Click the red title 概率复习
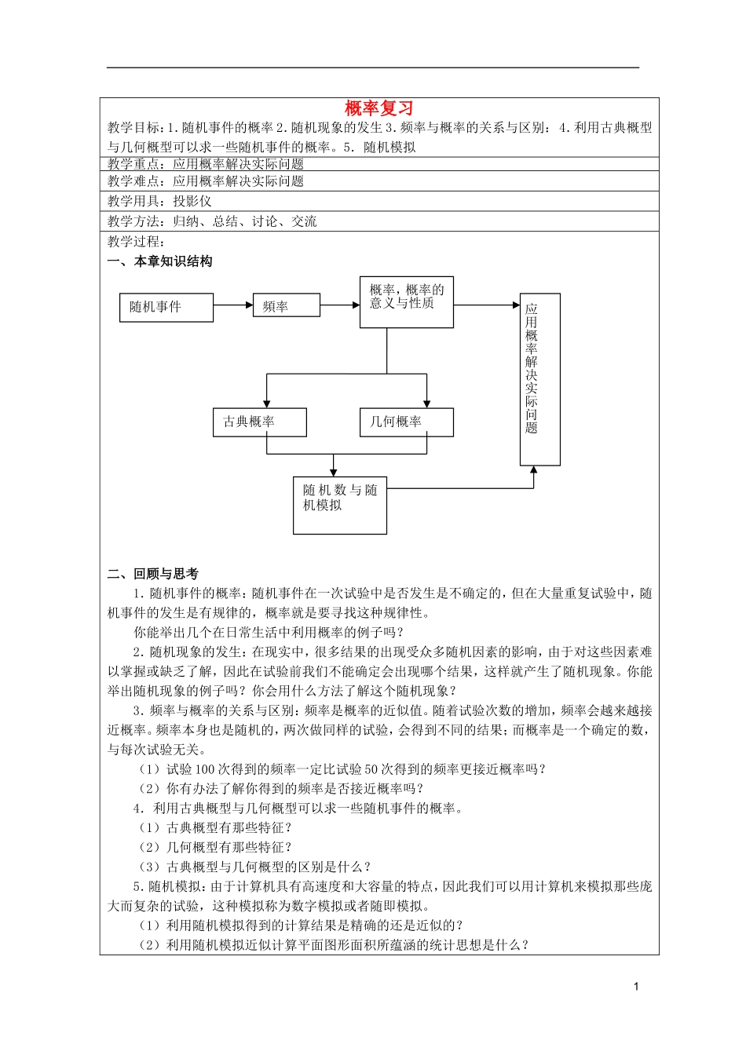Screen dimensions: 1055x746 point(378,108)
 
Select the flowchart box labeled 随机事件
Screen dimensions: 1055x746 point(166,307)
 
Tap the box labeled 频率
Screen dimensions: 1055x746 point(286,305)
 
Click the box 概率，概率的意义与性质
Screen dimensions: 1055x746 point(406,301)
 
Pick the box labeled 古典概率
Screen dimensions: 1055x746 point(259,422)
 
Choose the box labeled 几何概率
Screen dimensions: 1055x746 point(406,422)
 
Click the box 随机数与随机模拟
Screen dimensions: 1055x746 point(339,506)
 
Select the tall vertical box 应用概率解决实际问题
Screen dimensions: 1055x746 point(539,379)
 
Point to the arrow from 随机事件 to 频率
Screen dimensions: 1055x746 point(232,305)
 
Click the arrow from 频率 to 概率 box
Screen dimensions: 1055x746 point(340,305)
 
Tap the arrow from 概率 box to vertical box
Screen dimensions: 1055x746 point(487,305)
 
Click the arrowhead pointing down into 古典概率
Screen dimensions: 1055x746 point(267,403)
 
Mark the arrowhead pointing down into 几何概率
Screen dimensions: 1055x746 point(427,403)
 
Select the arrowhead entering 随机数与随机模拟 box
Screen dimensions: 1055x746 point(334,472)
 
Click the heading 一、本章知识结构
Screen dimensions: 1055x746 point(160,261)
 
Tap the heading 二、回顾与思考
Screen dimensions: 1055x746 point(153,574)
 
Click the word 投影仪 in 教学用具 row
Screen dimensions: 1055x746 point(192,201)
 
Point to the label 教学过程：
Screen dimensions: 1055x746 point(137,242)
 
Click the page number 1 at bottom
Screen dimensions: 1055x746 point(636,987)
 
